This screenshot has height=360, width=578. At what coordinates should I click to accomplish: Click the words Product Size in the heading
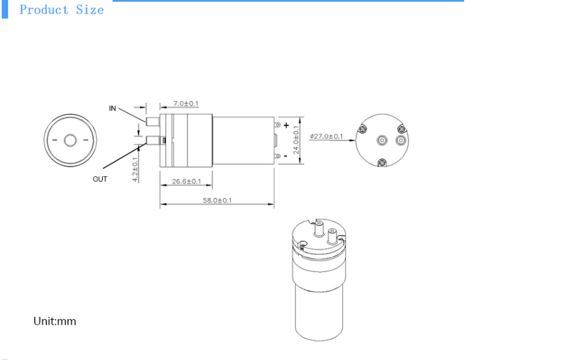click(61, 10)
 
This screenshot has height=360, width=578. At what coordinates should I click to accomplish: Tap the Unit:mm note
click(54, 322)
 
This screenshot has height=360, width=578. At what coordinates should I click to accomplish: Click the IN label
click(113, 108)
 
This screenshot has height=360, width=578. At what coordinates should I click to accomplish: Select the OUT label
click(100, 179)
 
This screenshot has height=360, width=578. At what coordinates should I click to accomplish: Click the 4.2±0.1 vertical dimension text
click(136, 168)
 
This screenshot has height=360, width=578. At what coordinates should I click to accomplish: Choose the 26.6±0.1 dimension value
click(186, 181)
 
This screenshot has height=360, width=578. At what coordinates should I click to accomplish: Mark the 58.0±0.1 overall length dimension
click(217, 200)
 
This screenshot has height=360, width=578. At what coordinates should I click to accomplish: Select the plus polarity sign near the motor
click(286, 126)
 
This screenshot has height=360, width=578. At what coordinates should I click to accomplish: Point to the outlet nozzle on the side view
click(152, 140)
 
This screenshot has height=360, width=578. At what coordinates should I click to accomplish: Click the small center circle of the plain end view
click(69, 140)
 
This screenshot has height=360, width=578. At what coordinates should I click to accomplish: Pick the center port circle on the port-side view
click(381, 140)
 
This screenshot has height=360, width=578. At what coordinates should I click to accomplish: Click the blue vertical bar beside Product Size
click(5, 9)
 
